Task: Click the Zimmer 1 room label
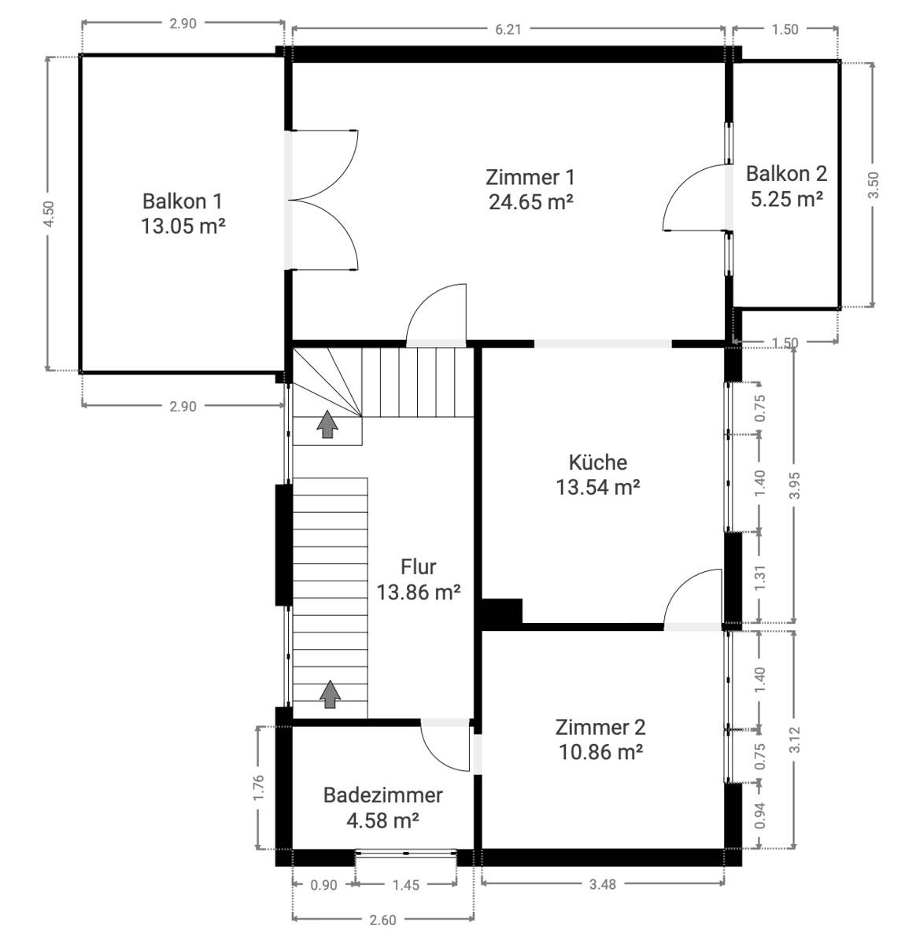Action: [530, 178]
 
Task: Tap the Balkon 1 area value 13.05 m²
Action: [183, 226]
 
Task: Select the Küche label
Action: [598, 463]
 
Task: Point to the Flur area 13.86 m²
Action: [418, 592]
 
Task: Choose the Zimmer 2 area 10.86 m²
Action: [600, 752]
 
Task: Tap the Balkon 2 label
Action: [786, 174]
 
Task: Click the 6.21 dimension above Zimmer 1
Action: [508, 30]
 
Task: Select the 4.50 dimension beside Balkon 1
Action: [49, 213]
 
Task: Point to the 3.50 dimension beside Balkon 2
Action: [874, 186]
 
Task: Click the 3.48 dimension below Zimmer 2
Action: [603, 884]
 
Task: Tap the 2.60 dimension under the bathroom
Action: [382, 920]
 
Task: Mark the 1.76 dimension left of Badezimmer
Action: [259, 787]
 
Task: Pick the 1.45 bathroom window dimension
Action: [406, 885]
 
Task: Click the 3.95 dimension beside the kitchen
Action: [794, 485]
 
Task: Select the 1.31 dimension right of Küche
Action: [760, 577]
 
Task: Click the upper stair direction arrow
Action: [327, 425]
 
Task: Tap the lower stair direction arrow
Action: [330, 694]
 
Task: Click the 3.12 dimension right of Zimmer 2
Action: [794, 739]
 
